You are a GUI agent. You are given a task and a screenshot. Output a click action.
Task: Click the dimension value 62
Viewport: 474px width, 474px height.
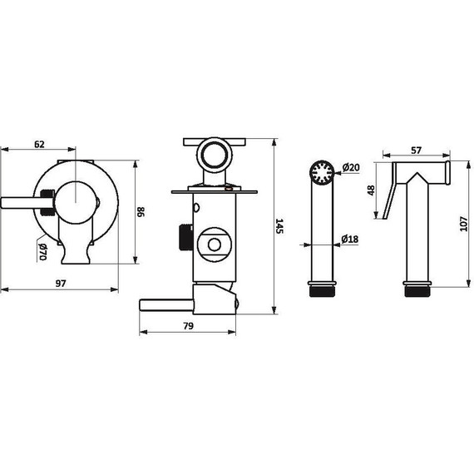pos(39,144)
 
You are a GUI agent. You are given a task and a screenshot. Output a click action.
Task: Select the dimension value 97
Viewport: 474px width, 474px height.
pos(61,284)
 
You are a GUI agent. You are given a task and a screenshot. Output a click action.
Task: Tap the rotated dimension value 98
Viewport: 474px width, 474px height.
pos(141,211)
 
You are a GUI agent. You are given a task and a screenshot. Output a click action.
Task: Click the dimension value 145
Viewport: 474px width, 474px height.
pos(279,226)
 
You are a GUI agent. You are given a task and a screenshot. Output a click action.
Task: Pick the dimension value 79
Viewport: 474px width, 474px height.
pos(188,326)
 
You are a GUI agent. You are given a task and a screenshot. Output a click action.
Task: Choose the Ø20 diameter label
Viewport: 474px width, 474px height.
pos(351,167)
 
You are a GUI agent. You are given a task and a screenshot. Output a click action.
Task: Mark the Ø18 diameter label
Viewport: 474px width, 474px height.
pos(350,239)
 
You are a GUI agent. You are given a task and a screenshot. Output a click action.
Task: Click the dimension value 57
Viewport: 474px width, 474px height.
pos(417,151)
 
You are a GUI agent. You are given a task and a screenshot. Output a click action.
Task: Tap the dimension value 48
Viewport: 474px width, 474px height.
pos(371,190)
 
